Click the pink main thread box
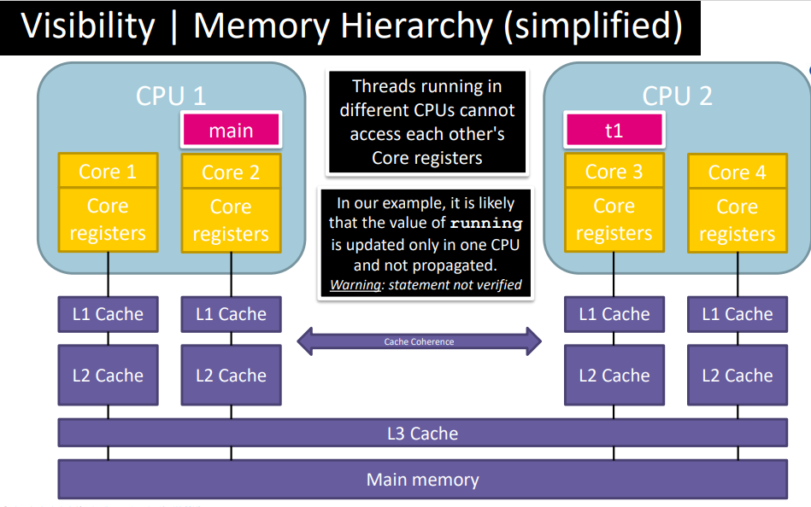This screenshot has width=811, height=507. [231, 131]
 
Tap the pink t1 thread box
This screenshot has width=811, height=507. [614, 131]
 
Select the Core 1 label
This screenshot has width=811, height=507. [108, 172]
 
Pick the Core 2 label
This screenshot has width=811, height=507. [231, 172]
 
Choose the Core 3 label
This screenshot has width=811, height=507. [614, 172]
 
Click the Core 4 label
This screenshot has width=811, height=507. [737, 172]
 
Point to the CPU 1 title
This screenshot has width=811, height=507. [171, 96]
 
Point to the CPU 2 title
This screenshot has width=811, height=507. [677, 96]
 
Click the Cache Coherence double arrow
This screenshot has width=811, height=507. [419, 341]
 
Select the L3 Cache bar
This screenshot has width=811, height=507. [422, 433]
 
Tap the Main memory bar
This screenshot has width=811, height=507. [422, 479]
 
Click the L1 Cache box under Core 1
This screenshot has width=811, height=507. [108, 314]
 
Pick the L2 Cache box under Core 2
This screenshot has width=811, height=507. [231, 375]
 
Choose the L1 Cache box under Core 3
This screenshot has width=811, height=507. [614, 314]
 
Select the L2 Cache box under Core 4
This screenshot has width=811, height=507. [737, 375]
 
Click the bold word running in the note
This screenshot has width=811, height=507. [486, 224]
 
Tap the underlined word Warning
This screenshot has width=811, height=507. [356, 285]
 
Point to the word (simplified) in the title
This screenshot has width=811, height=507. [593, 27]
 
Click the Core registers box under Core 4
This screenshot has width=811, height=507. [737, 220]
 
